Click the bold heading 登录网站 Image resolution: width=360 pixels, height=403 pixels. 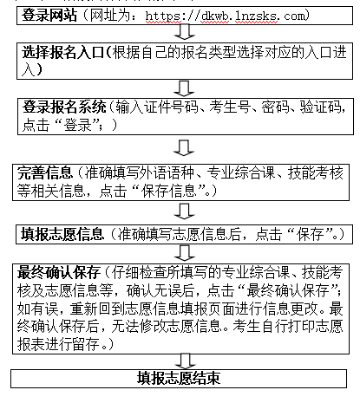point(49,16)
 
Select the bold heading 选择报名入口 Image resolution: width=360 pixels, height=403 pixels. point(62,53)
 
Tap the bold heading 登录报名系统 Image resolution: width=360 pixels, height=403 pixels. point(64,107)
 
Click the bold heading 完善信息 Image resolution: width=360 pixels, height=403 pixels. point(44,172)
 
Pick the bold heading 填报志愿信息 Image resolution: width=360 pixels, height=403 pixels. point(62,234)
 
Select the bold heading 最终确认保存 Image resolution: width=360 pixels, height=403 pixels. point(59,272)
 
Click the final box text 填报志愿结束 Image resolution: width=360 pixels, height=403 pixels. point(179,378)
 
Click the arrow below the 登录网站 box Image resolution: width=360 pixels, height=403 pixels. point(185,31)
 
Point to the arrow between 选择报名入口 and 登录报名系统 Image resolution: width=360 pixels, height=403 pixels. point(184,88)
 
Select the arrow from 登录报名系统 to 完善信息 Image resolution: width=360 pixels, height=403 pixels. point(184,148)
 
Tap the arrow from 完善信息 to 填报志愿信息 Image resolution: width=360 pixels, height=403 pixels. point(184,211)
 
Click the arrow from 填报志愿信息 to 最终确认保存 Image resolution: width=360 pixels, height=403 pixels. point(185,253)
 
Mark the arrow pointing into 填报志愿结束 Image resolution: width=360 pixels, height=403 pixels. point(185,361)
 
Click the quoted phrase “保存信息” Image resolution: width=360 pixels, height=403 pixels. point(168,191)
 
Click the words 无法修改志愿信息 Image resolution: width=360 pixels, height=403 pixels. point(167,326)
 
